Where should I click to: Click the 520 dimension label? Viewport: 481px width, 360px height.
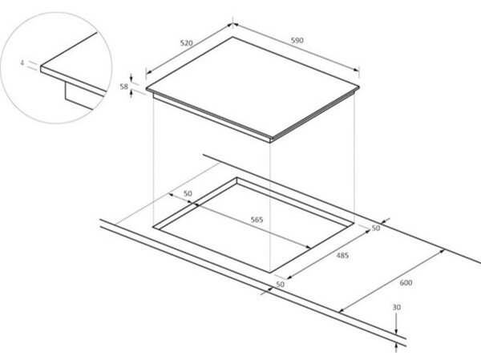(186, 43)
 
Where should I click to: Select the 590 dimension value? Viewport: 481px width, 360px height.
(297, 40)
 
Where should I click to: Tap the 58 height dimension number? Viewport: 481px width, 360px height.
(123, 87)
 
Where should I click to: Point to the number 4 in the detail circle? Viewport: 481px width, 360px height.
(22, 63)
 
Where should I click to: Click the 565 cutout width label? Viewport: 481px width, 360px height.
(257, 220)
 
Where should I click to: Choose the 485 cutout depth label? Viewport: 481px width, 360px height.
(342, 255)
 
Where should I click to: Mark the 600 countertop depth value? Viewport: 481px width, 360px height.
(406, 283)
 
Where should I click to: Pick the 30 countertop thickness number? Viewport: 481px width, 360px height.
(397, 307)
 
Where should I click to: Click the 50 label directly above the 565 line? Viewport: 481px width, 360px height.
(188, 194)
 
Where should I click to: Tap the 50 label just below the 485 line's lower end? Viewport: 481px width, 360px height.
(280, 285)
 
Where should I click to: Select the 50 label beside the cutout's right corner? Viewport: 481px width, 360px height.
(376, 228)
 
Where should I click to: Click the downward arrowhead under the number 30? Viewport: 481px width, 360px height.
(396, 331)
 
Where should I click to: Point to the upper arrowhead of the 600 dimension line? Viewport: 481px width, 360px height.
(442, 251)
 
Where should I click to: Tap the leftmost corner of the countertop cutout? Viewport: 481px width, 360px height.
(153, 227)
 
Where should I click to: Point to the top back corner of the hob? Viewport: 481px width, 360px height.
(232, 37)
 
